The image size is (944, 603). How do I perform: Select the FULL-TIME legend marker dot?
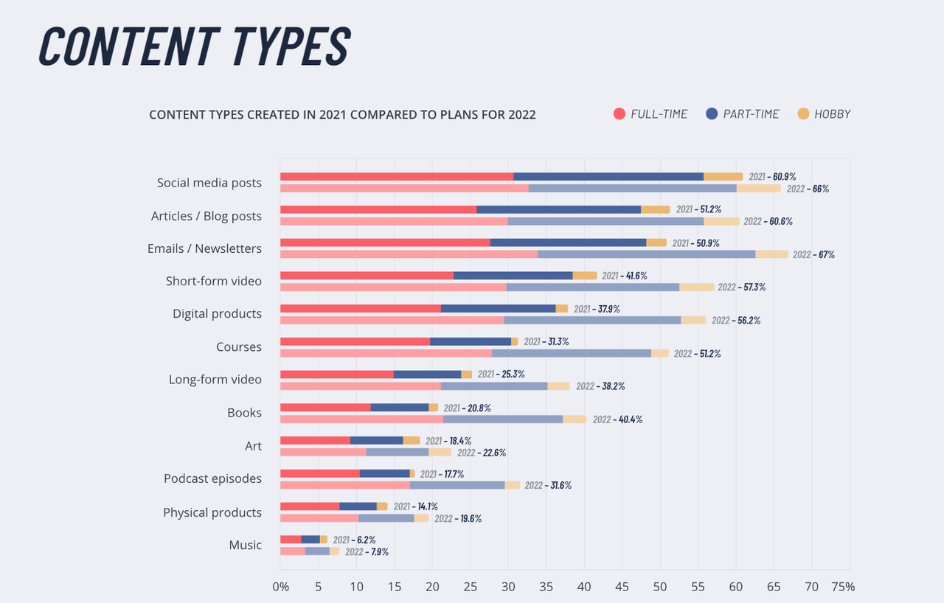pyautogui.click(x=619, y=114)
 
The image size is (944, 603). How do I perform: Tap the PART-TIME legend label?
pyautogui.click(x=751, y=114)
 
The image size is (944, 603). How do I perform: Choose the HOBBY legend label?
pyautogui.click(x=833, y=114)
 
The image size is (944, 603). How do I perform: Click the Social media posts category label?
pyautogui.click(x=209, y=183)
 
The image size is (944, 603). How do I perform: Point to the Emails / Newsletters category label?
pyautogui.click(x=204, y=248)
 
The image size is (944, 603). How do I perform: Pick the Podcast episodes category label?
pyautogui.click(x=212, y=478)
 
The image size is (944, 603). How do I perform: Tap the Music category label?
pyautogui.click(x=245, y=545)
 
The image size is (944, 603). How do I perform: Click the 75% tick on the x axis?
pyautogui.click(x=843, y=588)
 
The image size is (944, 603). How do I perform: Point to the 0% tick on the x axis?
pyautogui.click(x=280, y=588)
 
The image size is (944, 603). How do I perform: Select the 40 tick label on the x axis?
pyautogui.click(x=584, y=588)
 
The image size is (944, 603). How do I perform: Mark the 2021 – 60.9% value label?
pyautogui.click(x=772, y=177)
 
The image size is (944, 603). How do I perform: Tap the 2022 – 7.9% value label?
pyautogui.click(x=367, y=551)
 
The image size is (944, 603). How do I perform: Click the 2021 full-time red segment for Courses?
pyautogui.click(x=355, y=341)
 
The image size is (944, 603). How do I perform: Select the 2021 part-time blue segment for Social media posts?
pyautogui.click(x=608, y=177)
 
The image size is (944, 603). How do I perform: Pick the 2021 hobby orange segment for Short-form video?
pyautogui.click(x=585, y=276)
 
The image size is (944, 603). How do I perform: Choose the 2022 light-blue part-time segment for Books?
pyautogui.click(x=503, y=419)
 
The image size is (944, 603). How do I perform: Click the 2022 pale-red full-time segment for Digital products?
pyautogui.click(x=392, y=320)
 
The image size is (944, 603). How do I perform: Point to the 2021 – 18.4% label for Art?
pyautogui.click(x=448, y=441)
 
